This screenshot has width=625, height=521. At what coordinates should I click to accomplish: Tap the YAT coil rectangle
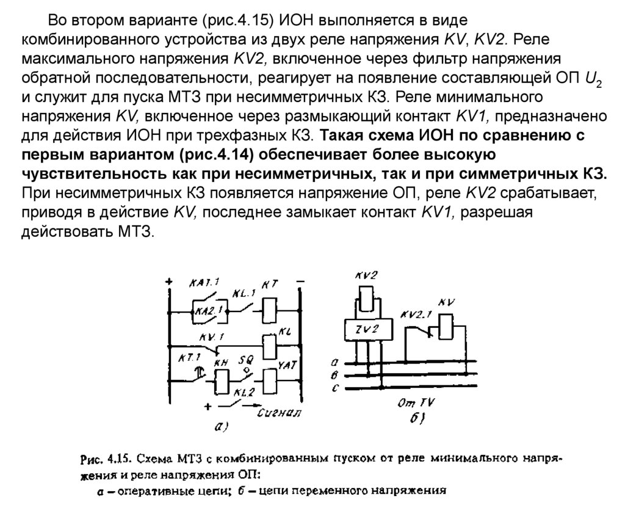click(269, 381)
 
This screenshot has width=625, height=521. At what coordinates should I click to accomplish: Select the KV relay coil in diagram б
click(444, 326)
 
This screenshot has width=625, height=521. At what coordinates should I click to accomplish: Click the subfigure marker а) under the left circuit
click(222, 428)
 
